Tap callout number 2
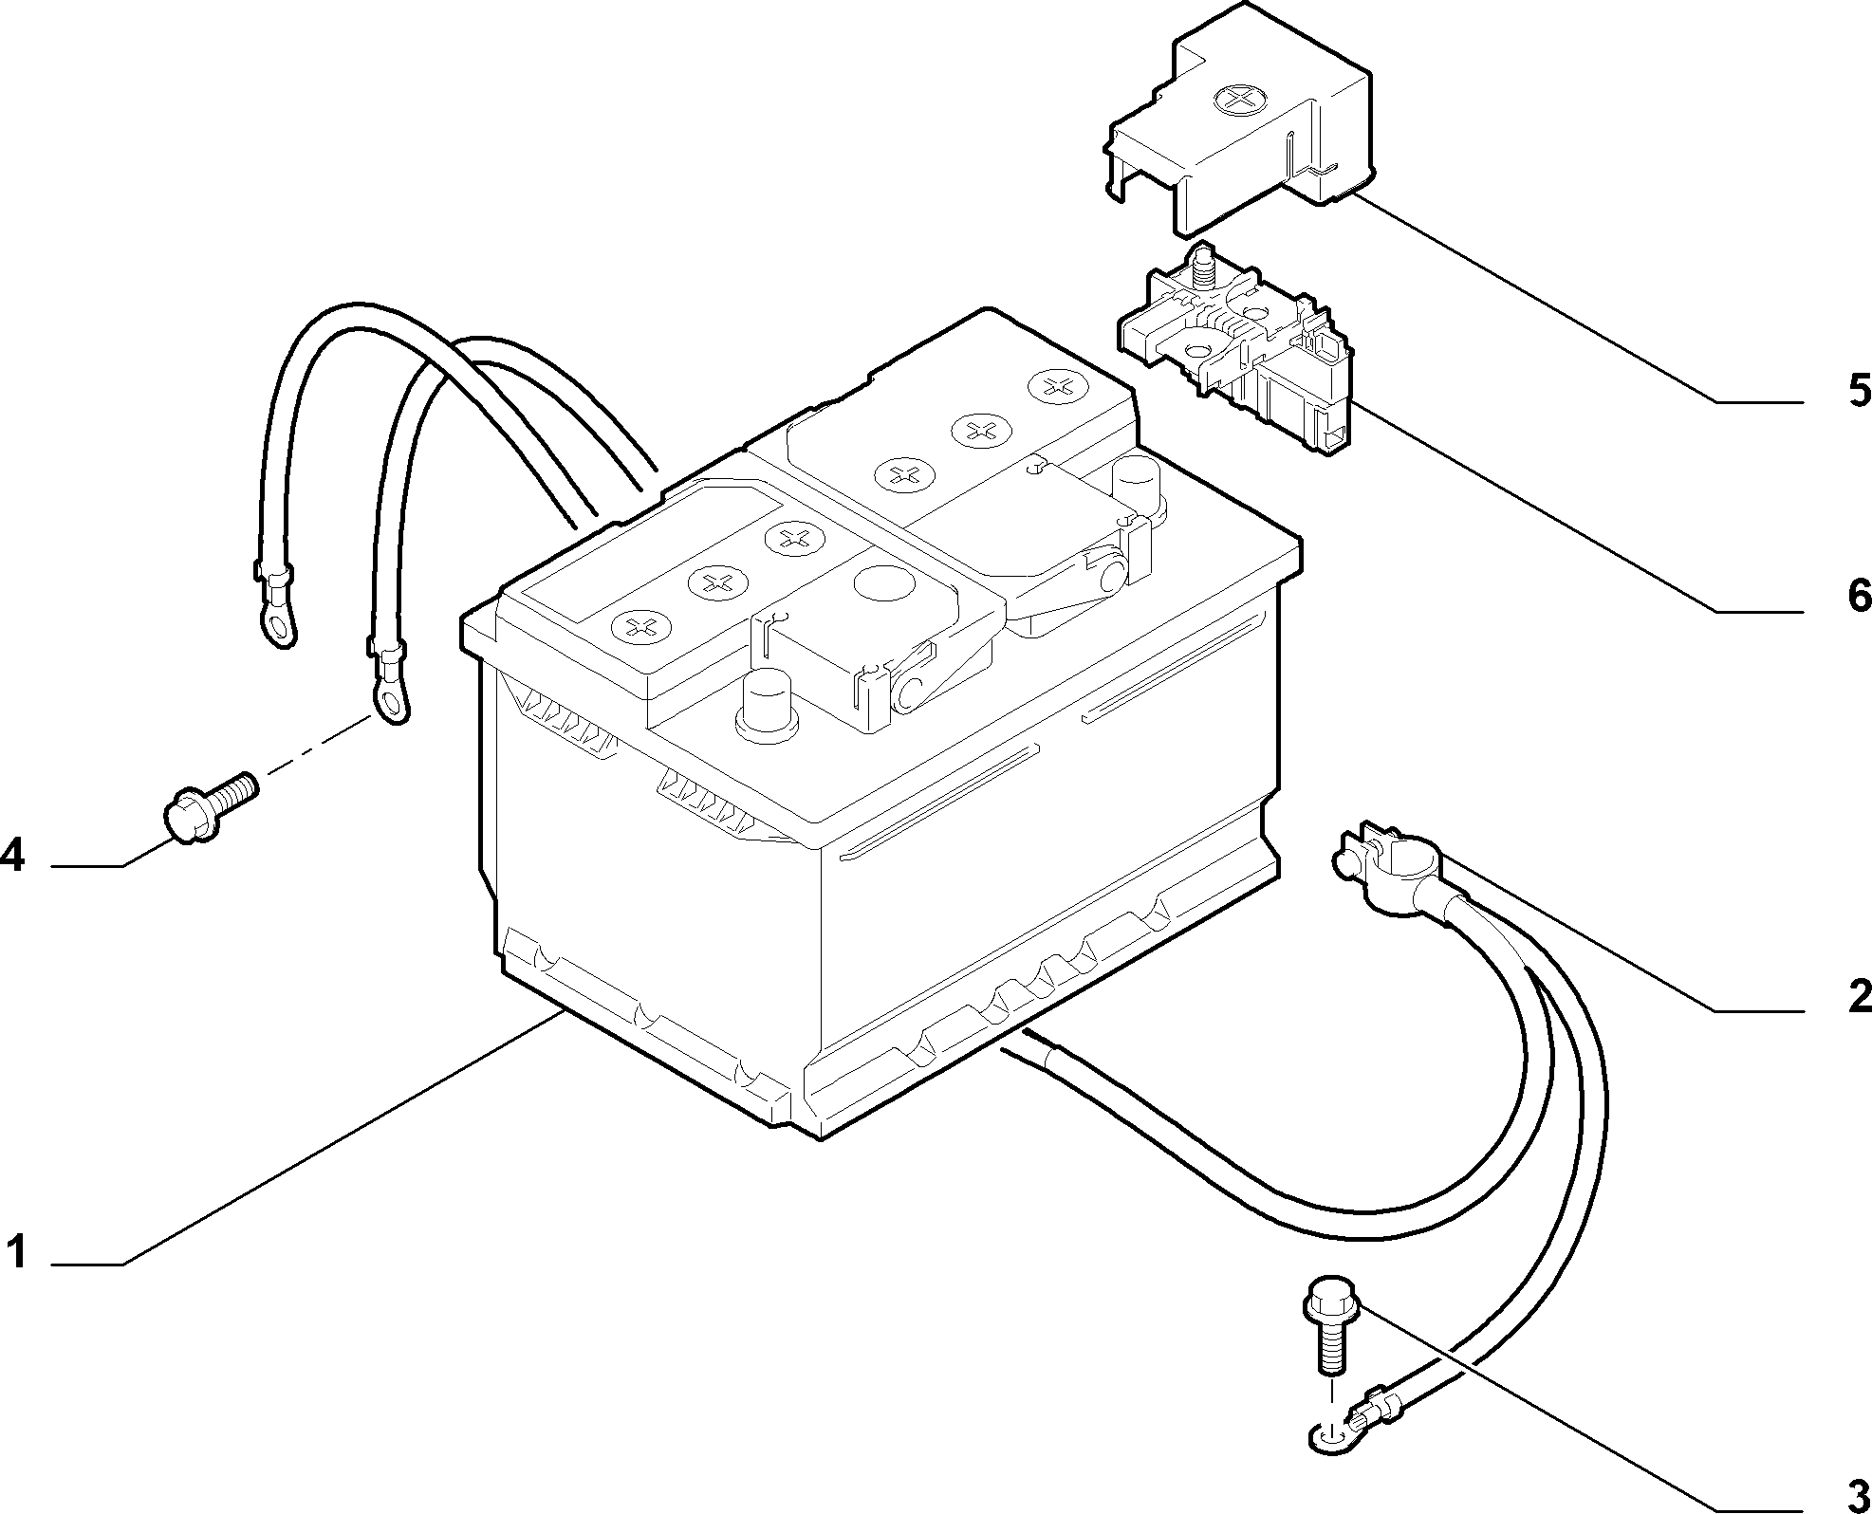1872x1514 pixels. tap(1857, 996)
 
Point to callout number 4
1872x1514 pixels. tap(12, 856)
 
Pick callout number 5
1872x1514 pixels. tap(1857, 390)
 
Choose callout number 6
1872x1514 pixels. tap(1857, 596)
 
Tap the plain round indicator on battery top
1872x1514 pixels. tap(881, 582)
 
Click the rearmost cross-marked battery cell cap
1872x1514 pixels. tap(1056, 385)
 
